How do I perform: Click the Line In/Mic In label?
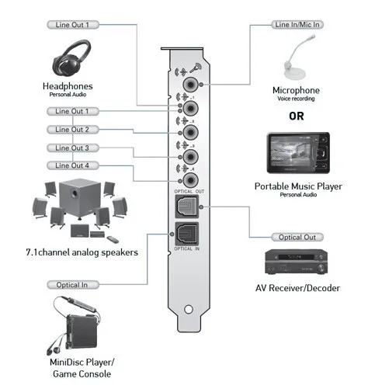(x=297, y=25)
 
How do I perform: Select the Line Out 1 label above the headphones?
(x=73, y=25)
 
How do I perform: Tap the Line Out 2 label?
(x=73, y=130)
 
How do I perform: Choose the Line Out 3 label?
(x=73, y=148)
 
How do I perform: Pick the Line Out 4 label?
(x=73, y=165)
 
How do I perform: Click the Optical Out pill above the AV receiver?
(x=297, y=237)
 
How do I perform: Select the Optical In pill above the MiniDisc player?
(x=73, y=285)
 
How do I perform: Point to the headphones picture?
(x=71, y=58)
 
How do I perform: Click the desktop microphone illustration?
(x=298, y=58)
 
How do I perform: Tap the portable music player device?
(x=298, y=153)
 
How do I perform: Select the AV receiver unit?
(x=297, y=262)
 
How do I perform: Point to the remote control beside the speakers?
(x=113, y=240)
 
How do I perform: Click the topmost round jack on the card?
(x=190, y=85)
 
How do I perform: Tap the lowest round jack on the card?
(x=190, y=180)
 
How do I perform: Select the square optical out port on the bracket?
(x=187, y=207)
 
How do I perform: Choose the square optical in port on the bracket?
(x=187, y=234)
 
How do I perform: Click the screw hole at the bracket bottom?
(x=189, y=309)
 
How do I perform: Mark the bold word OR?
(x=297, y=116)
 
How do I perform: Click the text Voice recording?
(x=296, y=99)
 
